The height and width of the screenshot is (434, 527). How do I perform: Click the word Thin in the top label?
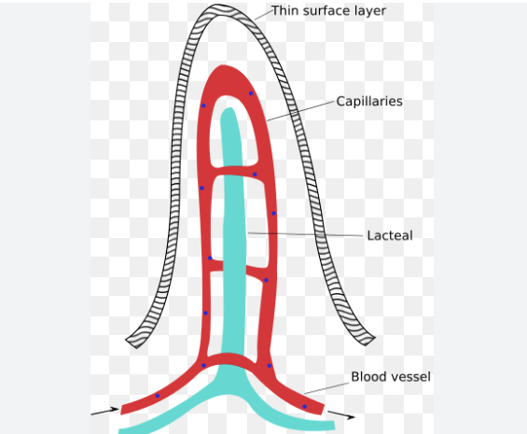click(x=285, y=10)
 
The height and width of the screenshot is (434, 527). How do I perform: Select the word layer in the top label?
click(x=369, y=12)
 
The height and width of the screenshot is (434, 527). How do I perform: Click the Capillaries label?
click(x=369, y=101)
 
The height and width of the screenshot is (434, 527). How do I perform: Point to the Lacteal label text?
click(x=390, y=235)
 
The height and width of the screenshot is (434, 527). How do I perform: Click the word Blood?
click(x=367, y=377)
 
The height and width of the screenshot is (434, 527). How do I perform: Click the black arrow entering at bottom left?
click(x=104, y=412)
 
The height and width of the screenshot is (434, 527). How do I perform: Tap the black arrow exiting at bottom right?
click(x=341, y=414)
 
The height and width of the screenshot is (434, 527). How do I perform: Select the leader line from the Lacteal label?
click(x=306, y=234)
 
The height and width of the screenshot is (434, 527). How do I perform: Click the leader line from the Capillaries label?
click(x=301, y=110)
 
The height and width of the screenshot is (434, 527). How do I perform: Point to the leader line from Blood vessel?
click(x=326, y=388)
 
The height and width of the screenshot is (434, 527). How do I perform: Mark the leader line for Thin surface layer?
click(x=263, y=15)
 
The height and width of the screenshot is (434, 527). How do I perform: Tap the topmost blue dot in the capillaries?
click(x=251, y=93)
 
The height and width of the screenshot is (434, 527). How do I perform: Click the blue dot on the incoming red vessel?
click(x=157, y=396)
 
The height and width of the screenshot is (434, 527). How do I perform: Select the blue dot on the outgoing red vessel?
click(x=304, y=406)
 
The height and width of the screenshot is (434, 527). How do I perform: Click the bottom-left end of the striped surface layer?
click(x=132, y=343)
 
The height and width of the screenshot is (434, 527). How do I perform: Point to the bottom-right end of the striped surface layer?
click(x=369, y=341)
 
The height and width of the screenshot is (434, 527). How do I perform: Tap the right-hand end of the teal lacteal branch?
click(x=334, y=426)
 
